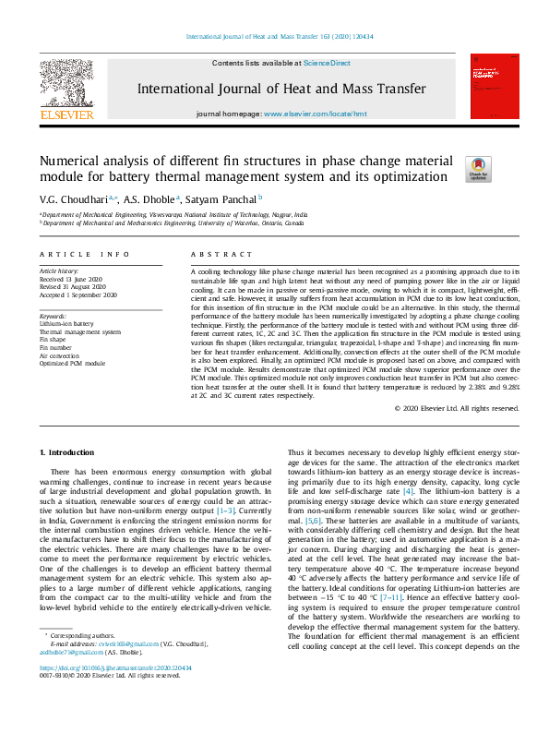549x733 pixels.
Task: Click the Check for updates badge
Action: [x=478, y=167]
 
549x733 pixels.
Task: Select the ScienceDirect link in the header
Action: [x=328, y=63]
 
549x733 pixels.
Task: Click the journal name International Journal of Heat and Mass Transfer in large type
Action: [x=281, y=89]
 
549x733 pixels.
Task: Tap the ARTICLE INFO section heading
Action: [x=78, y=253]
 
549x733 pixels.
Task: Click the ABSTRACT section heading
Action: [x=214, y=253]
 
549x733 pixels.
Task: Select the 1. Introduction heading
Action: [x=70, y=452]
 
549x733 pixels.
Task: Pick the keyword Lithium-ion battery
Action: [x=66, y=324]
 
